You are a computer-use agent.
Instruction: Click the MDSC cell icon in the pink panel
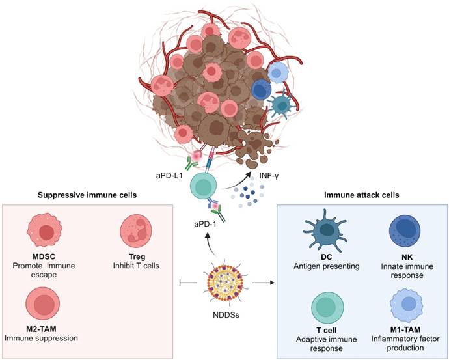(x=44, y=230)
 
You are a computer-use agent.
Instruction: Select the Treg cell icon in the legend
(x=136, y=230)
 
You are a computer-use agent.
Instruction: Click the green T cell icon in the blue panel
(x=328, y=309)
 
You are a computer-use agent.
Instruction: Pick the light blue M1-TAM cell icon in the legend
(x=406, y=305)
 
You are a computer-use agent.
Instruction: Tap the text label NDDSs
(x=226, y=315)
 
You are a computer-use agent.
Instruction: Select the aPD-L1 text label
(x=169, y=175)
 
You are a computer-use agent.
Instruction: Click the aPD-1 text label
(x=205, y=224)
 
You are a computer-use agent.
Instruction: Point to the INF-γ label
(x=269, y=175)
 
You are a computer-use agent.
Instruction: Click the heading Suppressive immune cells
(x=87, y=195)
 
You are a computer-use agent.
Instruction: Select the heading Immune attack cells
(x=361, y=195)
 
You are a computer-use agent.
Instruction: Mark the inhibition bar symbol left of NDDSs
(x=189, y=283)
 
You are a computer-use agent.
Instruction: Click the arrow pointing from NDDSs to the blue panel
(x=263, y=283)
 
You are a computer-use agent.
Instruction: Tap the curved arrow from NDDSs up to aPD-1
(x=210, y=243)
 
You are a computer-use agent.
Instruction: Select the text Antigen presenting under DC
(x=327, y=266)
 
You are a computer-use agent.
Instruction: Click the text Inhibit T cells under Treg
(x=136, y=266)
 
